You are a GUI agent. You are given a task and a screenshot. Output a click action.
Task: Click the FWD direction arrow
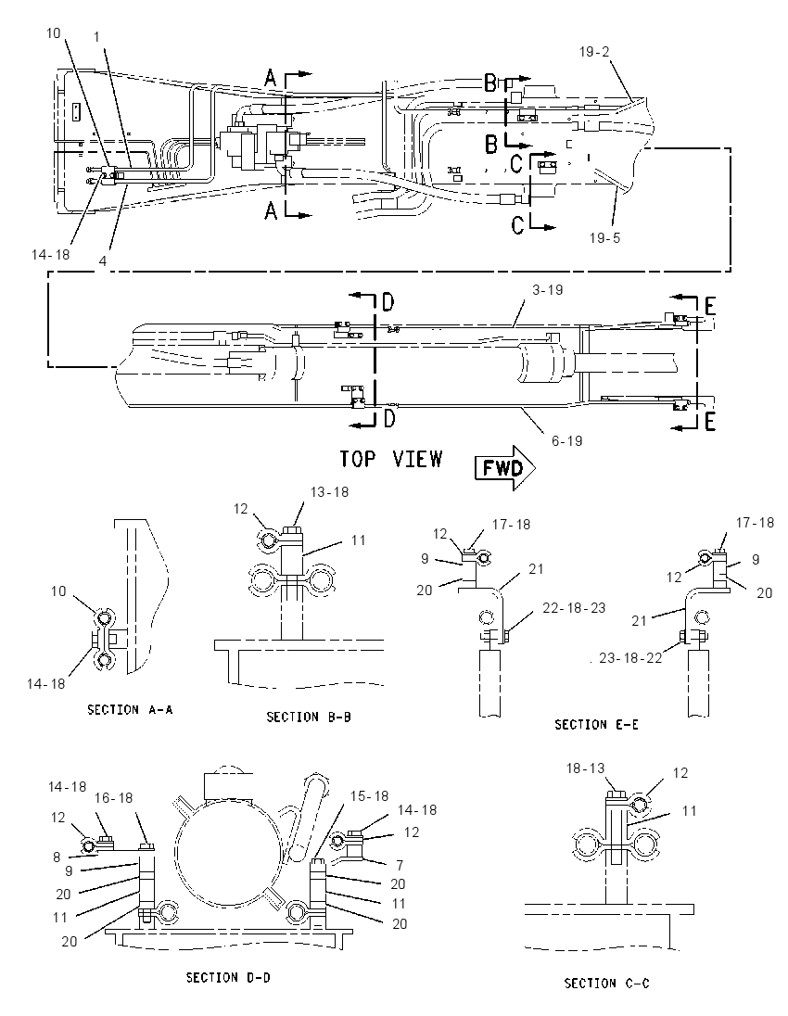click(505, 467)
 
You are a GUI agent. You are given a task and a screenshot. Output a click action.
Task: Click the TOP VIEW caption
click(391, 460)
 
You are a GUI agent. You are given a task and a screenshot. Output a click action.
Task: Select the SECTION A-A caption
click(131, 709)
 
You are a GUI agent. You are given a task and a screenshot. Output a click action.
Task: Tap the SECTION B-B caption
click(309, 717)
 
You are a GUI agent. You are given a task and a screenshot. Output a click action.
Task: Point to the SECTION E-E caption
click(596, 724)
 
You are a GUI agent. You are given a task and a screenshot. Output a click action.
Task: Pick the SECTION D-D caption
click(228, 977)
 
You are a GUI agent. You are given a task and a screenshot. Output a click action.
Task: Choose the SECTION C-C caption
click(606, 984)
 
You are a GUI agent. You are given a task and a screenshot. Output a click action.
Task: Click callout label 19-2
click(594, 51)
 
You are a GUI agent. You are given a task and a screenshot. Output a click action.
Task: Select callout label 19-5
click(604, 238)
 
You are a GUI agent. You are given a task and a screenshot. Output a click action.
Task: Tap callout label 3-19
click(548, 289)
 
